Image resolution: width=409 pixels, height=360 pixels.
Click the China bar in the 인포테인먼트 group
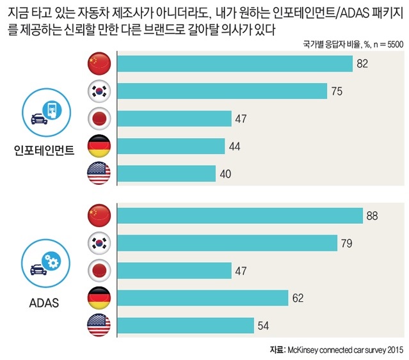[236, 64]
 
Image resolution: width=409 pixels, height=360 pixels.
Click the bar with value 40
[167, 174]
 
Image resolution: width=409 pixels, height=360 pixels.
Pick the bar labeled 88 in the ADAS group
[241, 215]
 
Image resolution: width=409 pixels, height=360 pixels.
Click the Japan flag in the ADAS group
[99, 270]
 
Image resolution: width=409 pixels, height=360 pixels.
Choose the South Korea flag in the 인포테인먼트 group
[99, 91]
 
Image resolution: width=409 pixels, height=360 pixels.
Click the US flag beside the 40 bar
[99, 174]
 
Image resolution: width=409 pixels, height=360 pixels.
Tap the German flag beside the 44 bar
[99, 146]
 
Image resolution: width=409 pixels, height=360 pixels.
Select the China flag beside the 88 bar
[99, 215]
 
